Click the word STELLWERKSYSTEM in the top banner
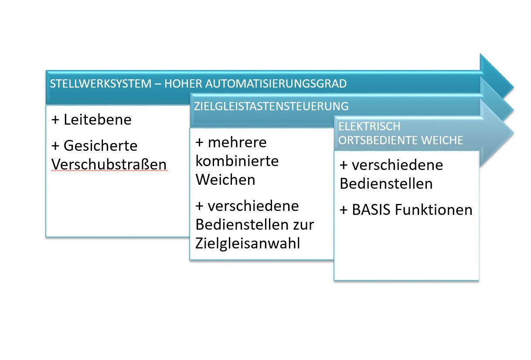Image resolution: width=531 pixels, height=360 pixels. pyautogui.click(x=101, y=84)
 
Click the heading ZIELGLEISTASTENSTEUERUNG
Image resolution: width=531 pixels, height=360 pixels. pyautogui.click(x=271, y=106)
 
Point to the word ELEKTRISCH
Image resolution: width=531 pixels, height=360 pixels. pyautogui.click(x=369, y=126)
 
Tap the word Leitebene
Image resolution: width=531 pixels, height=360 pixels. pyautogui.click(x=97, y=119)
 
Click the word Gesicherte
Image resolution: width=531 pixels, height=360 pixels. pyautogui.click(x=101, y=146)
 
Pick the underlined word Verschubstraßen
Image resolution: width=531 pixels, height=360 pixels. pyautogui.click(x=109, y=164)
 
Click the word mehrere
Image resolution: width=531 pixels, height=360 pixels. pyautogui.click(x=237, y=143)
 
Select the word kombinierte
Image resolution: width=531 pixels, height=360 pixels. pyautogui.click(x=237, y=161)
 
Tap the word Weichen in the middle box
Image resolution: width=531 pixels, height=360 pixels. pyautogui.click(x=225, y=180)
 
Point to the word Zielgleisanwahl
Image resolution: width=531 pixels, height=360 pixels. pyautogui.click(x=248, y=243)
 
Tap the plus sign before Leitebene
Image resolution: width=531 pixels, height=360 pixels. pyautogui.click(x=55, y=120)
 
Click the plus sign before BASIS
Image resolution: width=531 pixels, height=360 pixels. pyautogui.click(x=344, y=210)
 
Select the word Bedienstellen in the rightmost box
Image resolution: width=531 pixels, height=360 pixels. pyautogui.click(x=386, y=183)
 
